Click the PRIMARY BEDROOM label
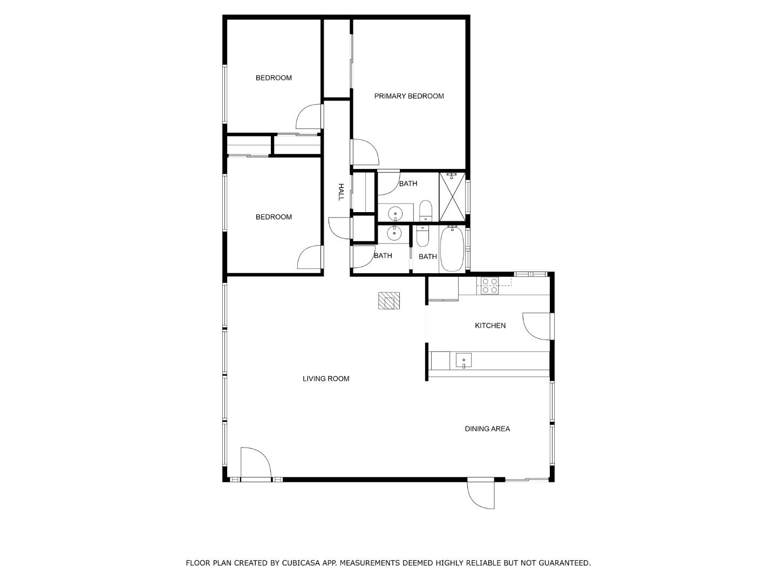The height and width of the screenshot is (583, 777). click(409, 96)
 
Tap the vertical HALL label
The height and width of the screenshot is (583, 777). click(340, 192)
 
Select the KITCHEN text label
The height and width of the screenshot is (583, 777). click(490, 326)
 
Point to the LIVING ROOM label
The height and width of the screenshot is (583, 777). click(325, 378)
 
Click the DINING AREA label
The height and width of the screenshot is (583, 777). click(487, 429)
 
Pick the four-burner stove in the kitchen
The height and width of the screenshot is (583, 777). click(489, 286)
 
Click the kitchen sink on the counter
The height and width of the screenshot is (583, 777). click(464, 360)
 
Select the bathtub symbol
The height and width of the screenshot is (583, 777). click(452, 249)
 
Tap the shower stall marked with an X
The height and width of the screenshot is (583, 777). click(452, 197)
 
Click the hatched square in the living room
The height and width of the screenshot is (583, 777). click(388, 300)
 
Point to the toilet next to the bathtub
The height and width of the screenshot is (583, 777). click(422, 236)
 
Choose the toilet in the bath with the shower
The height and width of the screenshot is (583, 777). click(426, 211)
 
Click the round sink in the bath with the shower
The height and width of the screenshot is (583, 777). click(396, 214)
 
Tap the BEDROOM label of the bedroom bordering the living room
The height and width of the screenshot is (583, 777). click(274, 217)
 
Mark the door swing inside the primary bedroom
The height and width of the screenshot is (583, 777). click(365, 152)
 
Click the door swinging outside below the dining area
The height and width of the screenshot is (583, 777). click(481, 494)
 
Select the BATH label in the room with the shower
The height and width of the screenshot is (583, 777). click(408, 184)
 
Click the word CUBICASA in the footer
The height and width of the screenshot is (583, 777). click(301, 563)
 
